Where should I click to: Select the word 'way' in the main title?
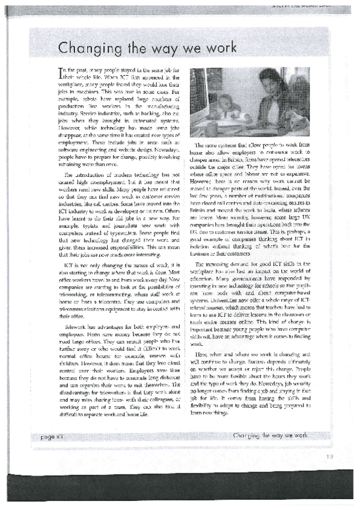[x=162, y=48]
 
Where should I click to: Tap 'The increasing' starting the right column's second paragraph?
[x=215, y=263]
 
